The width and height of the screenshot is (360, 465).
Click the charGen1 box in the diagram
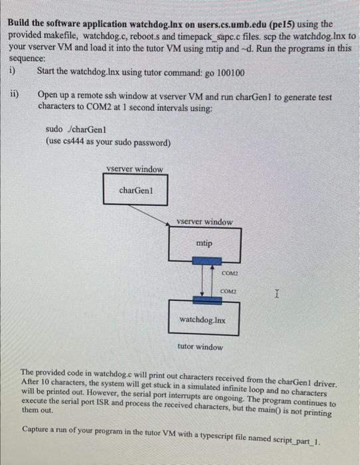tap(135, 191)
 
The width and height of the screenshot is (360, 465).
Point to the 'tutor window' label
tap(201, 347)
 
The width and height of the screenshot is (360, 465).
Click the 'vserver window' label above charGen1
tap(135, 169)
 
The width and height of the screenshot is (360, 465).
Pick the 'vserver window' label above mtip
tap(205, 222)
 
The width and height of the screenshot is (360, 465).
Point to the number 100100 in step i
tap(229, 72)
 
